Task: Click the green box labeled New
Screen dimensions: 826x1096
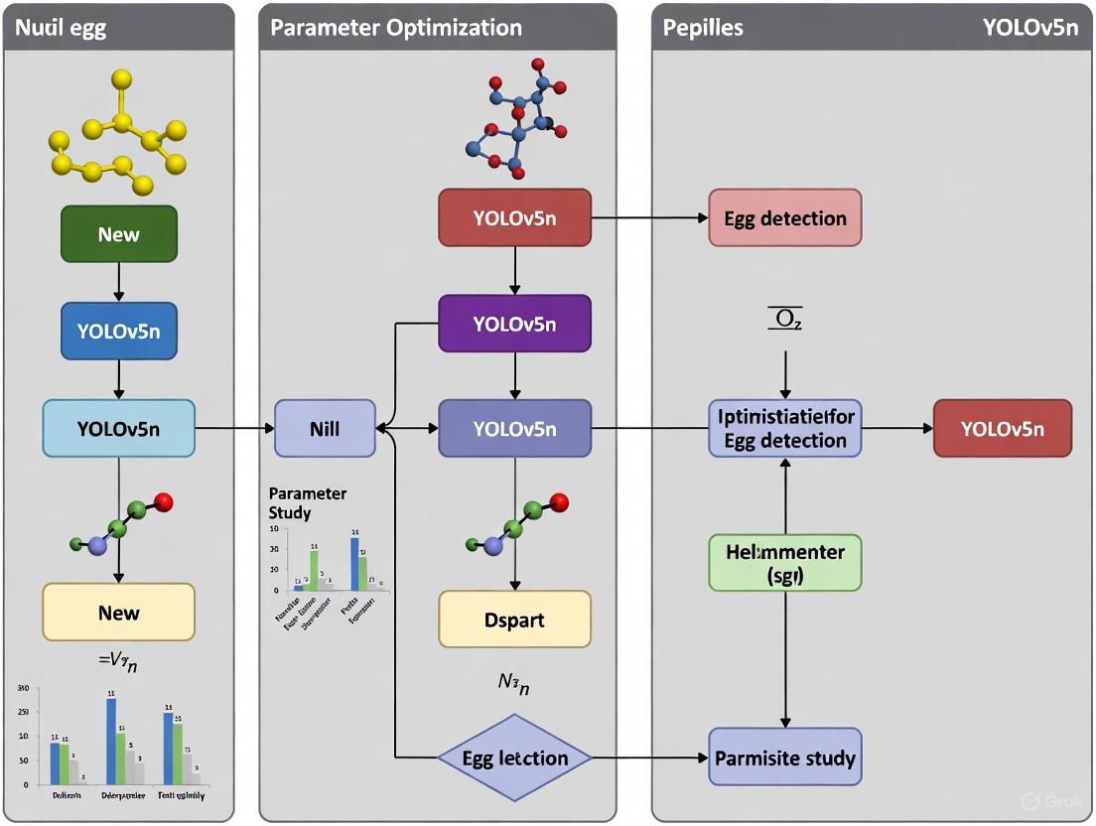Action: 119,234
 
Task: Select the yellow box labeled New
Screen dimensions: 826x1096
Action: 119,613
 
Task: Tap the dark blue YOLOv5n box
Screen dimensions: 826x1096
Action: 119,332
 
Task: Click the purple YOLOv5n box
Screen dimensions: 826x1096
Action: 514,325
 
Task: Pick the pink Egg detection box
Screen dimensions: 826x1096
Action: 784,218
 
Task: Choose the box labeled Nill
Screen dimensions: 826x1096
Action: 325,429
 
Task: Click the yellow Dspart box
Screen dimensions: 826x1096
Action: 514,619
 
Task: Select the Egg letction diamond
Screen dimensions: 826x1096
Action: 514,758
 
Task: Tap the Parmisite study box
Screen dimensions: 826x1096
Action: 784,758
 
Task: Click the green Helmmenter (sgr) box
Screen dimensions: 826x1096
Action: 784,563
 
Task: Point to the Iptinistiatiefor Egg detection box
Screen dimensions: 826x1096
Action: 784,429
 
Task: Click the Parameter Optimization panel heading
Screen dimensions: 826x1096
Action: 375,27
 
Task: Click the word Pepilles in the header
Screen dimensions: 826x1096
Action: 703,27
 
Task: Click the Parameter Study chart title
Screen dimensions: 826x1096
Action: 308,503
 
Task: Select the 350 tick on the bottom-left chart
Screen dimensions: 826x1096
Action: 23,687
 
